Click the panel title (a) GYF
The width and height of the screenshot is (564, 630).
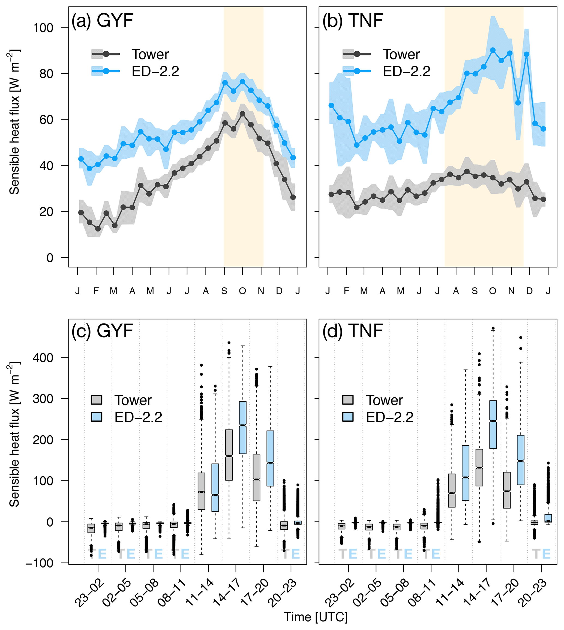coord(102,21)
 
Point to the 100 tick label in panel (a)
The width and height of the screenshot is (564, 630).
coord(43,28)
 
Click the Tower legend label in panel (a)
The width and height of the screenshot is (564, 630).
coord(150,54)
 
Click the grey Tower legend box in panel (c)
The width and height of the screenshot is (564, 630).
coord(96,400)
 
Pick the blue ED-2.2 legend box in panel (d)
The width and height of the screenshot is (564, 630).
coord(348,417)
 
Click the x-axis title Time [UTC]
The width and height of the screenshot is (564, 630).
coord(316,617)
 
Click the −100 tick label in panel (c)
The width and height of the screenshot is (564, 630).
coord(39,563)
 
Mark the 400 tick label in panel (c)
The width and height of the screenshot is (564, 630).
coord(43,358)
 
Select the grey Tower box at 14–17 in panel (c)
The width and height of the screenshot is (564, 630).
coord(229,455)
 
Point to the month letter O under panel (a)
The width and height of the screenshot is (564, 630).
coord(242,291)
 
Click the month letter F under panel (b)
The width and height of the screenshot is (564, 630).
coord(346,291)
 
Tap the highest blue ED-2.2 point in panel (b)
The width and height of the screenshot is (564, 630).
coord(493,50)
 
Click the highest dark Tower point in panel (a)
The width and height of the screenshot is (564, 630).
coord(242,114)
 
